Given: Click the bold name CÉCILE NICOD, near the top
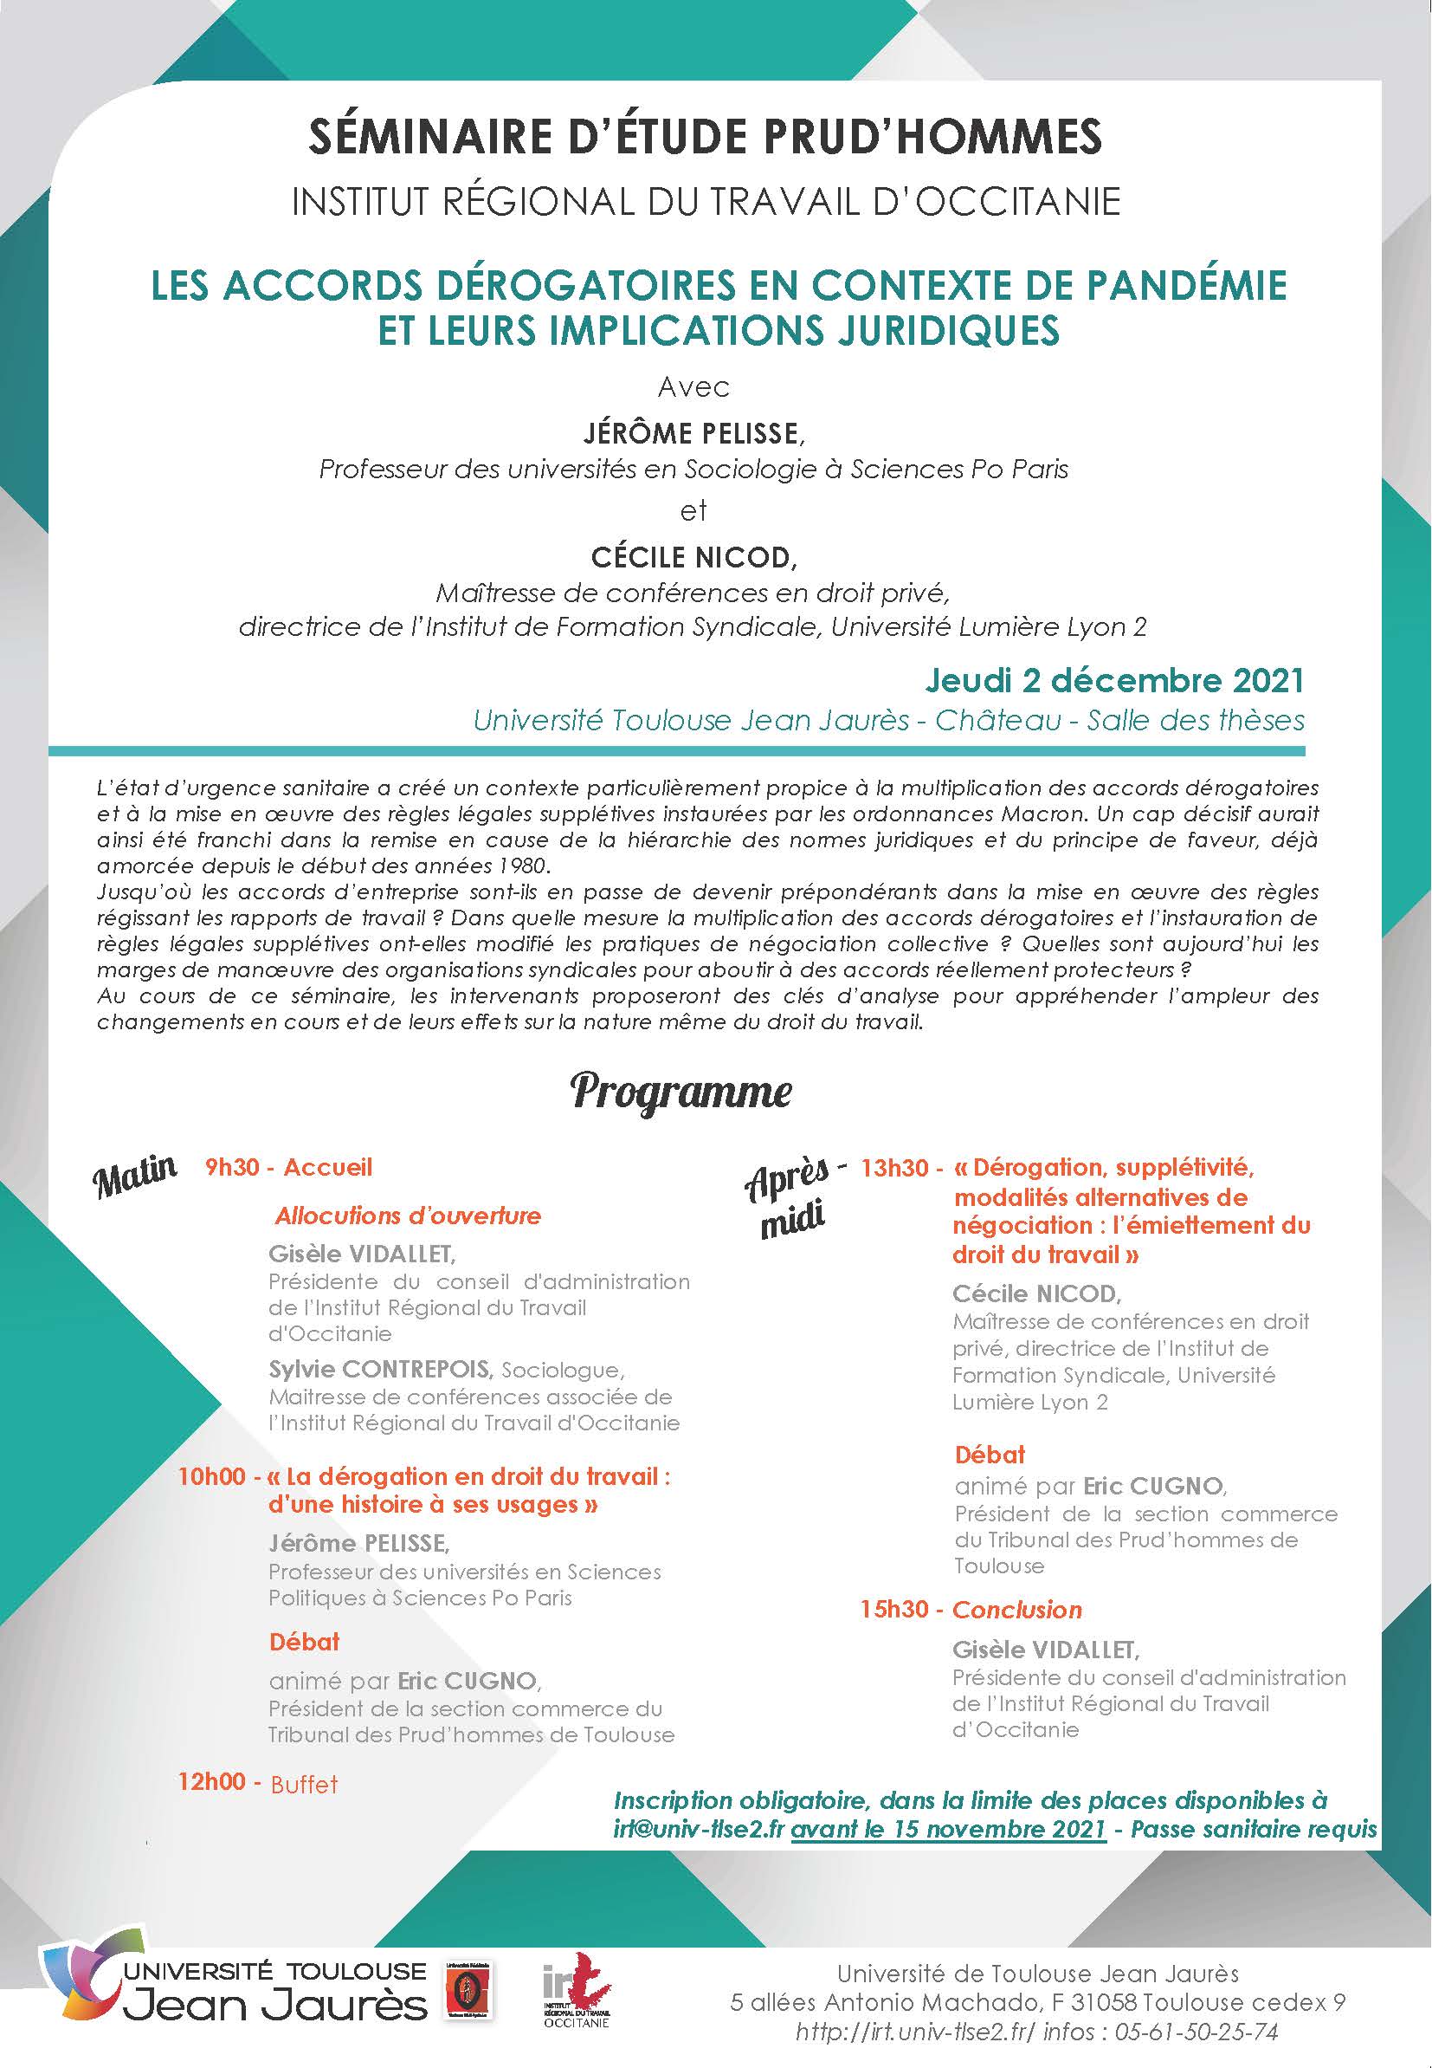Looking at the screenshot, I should pos(693,557).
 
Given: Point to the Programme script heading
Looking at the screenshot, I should pos(681,1092).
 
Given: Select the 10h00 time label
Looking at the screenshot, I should pos(212,1475).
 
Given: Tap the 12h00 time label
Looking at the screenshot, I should pos(212,1780).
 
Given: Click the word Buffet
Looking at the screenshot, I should pos(304,1784).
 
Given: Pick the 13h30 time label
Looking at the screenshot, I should pos(893,1168).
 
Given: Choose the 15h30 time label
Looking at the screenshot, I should pos(893,1610).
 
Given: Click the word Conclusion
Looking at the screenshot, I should pos(1016,1610).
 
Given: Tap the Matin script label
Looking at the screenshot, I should pos(134,1176).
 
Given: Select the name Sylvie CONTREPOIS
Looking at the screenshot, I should pos(380,1370).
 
